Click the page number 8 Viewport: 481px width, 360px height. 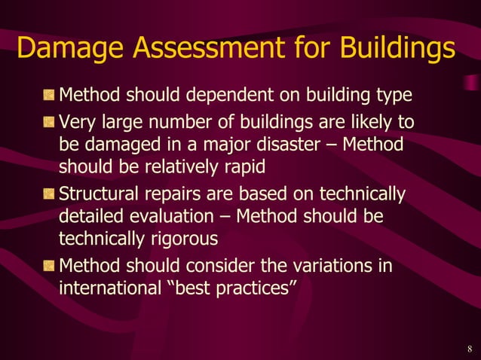[x=469, y=348]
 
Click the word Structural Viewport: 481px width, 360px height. [x=94, y=194]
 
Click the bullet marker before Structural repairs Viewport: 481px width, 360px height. [x=48, y=194]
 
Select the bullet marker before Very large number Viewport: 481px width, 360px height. [x=48, y=122]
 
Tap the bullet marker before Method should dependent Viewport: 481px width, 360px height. [x=48, y=97]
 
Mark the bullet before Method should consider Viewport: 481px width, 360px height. [x=48, y=267]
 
